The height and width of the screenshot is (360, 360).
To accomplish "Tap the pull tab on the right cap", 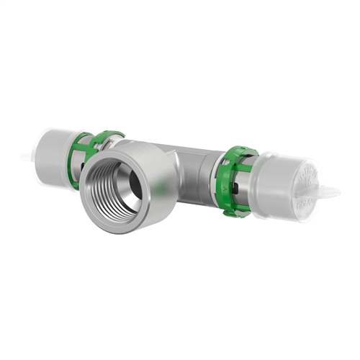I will coord(330,192).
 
